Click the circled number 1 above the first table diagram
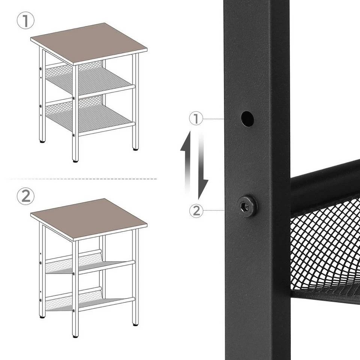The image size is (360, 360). pyautogui.click(x=25, y=21)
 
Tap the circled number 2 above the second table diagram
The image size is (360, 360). pyautogui.click(x=25, y=196)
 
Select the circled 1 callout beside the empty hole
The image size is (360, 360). pyautogui.click(x=196, y=119)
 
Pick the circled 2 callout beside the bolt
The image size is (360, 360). pyautogui.click(x=196, y=211)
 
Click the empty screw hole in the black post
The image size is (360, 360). pyautogui.click(x=247, y=119)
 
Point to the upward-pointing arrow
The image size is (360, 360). pyautogui.click(x=186, y=161)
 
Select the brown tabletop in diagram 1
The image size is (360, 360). pyautogui.click(x=88, y=43)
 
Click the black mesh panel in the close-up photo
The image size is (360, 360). pyautogui.click(x=326, y=247)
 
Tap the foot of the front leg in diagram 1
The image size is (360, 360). pyautogui.click(x=75, y=160)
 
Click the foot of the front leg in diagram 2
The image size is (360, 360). pyautogui.click(x=75, y=336)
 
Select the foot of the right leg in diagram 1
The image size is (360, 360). pyautogui.click(x=135, y=149)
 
